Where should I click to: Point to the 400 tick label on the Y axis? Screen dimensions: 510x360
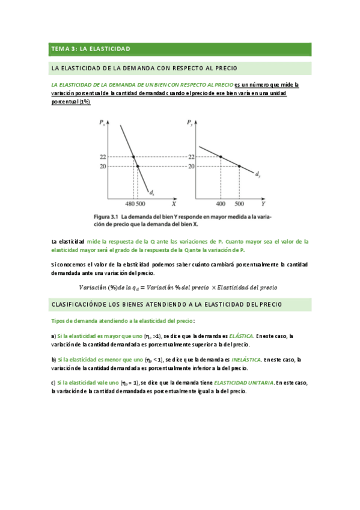(221, 204)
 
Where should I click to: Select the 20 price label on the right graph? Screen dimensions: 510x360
(191, 166)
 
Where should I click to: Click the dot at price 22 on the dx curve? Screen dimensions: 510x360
(133, 157)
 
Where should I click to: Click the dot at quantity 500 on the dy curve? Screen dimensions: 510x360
(239, 166)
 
